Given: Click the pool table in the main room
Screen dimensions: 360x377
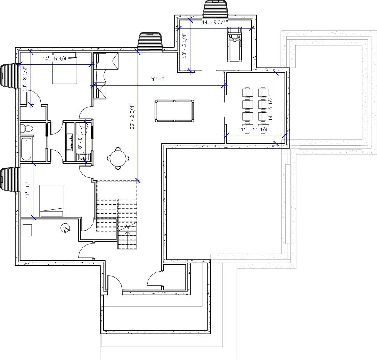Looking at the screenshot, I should coord(174,111).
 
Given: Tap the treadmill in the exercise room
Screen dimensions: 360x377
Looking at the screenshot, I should coord(234,44).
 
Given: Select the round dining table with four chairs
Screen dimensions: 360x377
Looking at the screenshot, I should coord(118,158).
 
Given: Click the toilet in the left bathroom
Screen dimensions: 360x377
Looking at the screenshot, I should coord(26,128).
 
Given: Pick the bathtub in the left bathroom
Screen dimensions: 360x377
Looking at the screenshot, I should coord(26,149).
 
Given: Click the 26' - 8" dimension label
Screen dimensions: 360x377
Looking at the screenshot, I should coord(158,79).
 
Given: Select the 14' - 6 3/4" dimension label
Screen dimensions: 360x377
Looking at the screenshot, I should coord(55,58).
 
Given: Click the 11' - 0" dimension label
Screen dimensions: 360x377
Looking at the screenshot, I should coord(28,191).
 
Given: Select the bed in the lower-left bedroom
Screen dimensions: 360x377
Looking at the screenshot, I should coord(52,200).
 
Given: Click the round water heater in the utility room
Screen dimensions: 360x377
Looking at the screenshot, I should coord(65,228).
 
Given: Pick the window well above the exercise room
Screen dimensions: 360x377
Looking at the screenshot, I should coord(215,8).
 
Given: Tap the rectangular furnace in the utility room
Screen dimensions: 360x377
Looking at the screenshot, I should coord(27,230).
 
